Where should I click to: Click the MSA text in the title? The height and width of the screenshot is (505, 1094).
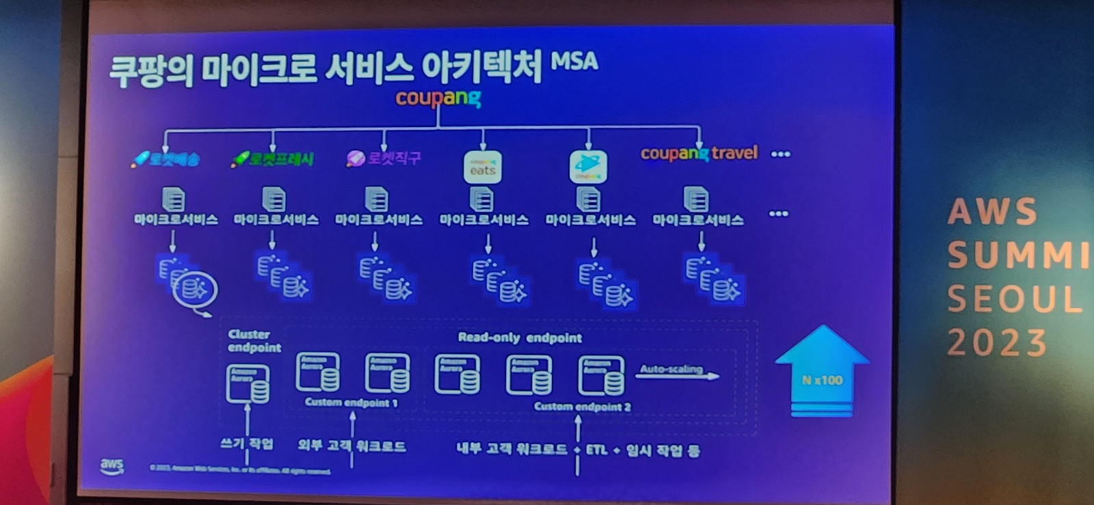click(574, 62)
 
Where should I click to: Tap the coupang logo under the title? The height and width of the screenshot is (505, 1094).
click(438, 98)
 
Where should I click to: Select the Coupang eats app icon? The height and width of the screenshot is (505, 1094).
click(483, 167)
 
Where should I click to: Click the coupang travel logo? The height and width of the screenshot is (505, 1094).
click(699, 153)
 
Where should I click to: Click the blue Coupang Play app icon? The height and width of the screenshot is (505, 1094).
click(588, 166)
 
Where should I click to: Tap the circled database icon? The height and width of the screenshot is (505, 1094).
click(195, 290)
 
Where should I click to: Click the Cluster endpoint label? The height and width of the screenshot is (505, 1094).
click(254, 340)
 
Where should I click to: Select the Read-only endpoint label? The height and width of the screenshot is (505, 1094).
click(520, 338)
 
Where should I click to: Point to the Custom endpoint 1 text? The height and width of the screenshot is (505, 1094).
click(351, 402)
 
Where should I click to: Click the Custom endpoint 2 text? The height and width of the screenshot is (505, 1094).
click(582, 407)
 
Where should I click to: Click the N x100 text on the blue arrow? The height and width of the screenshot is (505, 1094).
click(822, 380)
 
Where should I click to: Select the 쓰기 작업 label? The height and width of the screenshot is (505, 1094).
click(247, 443)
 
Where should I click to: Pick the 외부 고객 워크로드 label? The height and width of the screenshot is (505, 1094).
click(351, 446)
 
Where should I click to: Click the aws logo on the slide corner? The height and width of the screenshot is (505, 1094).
click(112, 466)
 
